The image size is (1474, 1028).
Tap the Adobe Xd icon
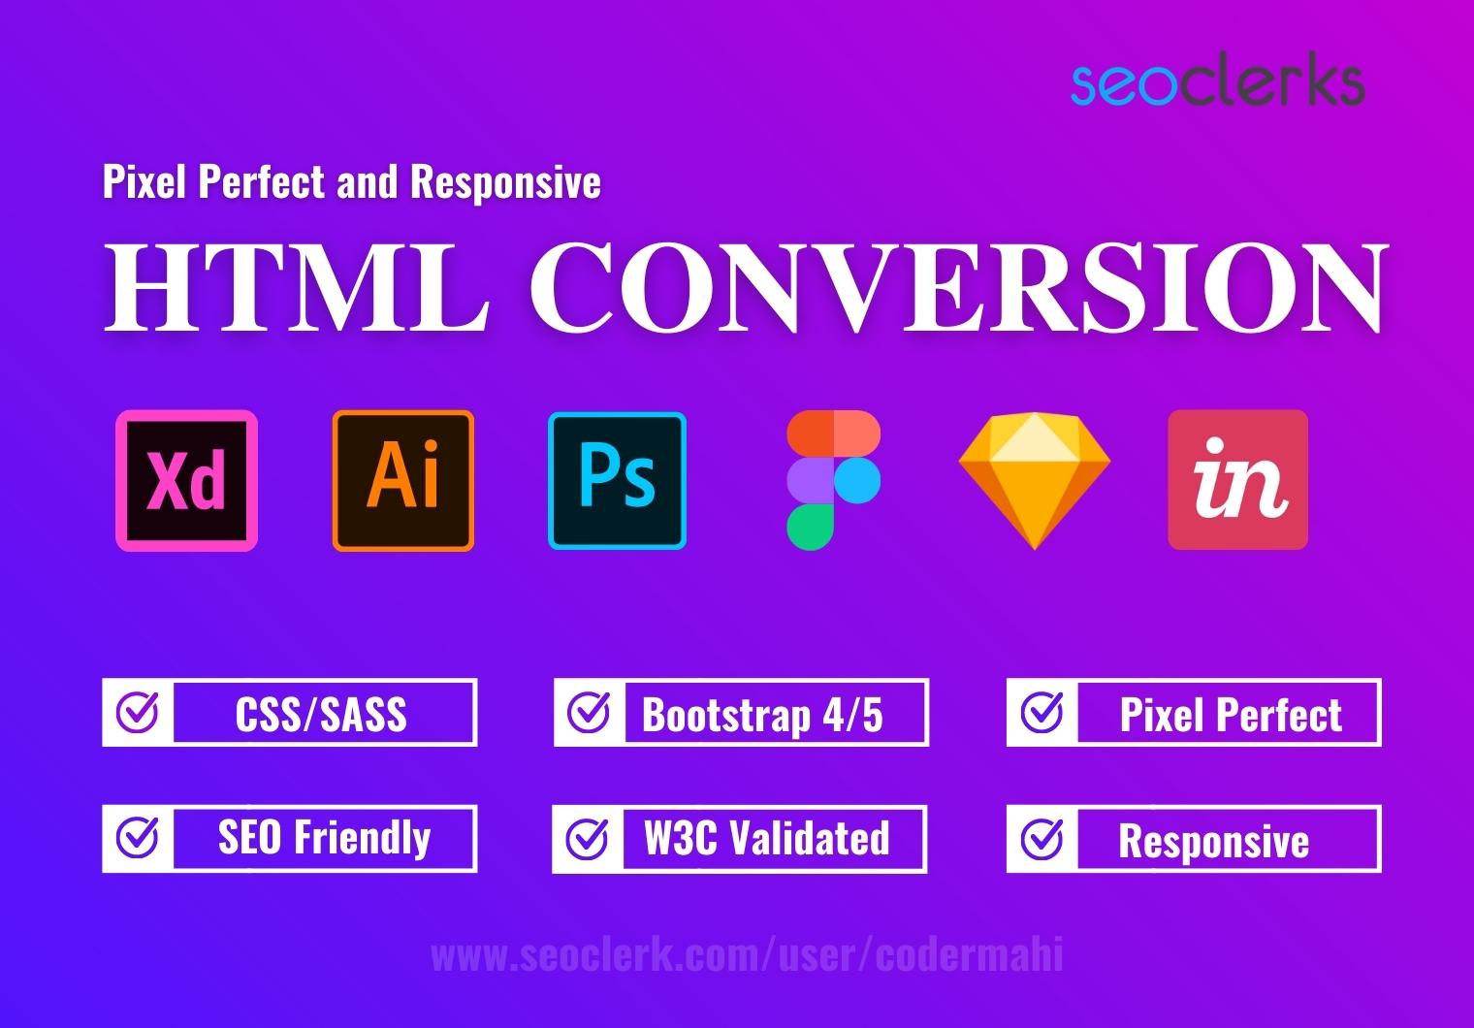tap(187, 481)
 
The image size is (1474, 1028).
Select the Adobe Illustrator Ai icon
tap(403, 481)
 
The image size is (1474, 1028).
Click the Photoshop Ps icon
tap(618, 481)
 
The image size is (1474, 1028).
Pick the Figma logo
tap(833, 481)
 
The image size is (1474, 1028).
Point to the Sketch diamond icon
tap(1034, 481)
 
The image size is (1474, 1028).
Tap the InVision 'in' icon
tap(1238, 480)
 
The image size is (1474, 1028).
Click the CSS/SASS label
tap(321, 715)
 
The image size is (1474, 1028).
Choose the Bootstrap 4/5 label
tap(763, 715)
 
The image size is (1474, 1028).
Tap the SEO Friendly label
tap(324, 838)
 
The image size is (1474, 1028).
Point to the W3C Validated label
tap(766, 838)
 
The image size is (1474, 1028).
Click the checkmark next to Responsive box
tap(1042, 838)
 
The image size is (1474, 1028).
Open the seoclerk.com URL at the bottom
tap(747, 955)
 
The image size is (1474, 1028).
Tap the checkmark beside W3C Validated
tap(588, 838)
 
